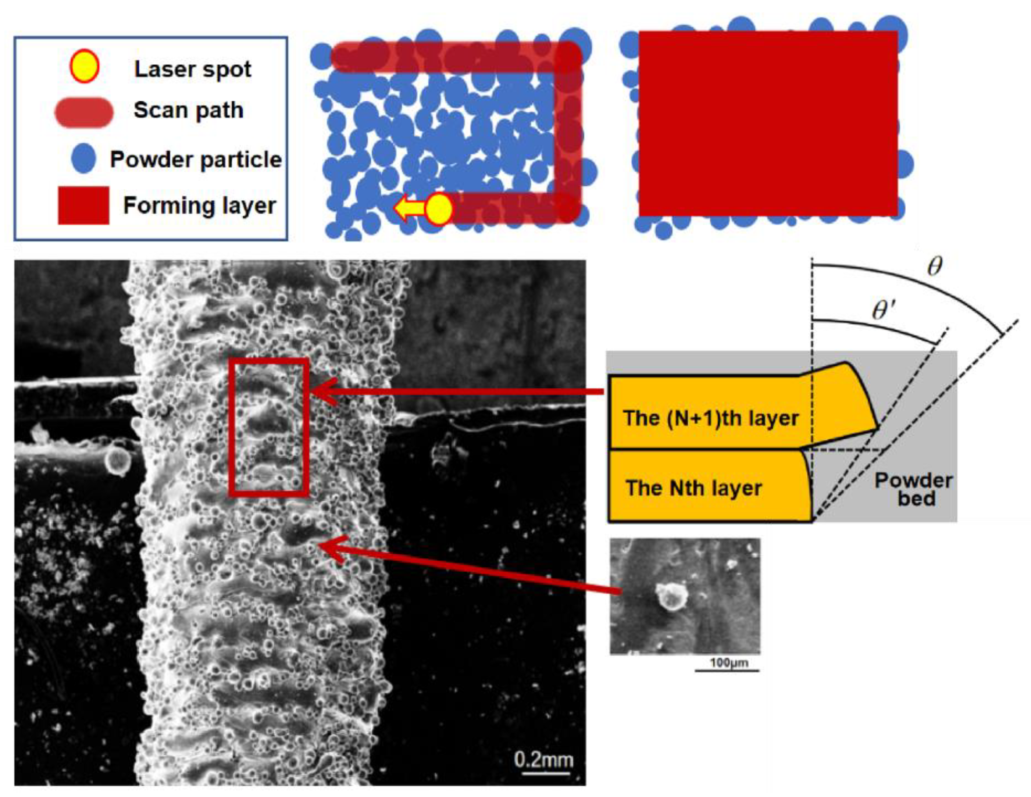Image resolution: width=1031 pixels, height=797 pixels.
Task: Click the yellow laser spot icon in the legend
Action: click(x=84, y=67)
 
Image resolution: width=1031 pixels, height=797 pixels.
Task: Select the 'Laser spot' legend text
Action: click(x=193, y=69)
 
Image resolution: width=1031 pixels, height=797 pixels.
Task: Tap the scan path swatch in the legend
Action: click(x=84, y=112)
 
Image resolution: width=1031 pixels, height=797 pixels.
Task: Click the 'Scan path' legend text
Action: click(x=189, y=110)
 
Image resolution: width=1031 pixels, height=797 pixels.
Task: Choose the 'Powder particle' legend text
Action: click(x=196, y=160)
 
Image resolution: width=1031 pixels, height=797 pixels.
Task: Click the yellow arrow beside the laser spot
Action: click(x=409, y=208)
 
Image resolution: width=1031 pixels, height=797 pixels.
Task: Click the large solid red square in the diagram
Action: click(x=768, y=124)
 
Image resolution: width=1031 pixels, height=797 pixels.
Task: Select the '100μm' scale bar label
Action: click(x=729, y=663)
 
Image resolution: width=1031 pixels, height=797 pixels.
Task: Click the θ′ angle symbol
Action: click(x=884, y=311)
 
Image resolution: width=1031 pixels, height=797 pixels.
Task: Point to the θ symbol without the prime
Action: click(x=934, y=267)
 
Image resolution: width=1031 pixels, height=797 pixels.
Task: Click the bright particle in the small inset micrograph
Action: click(x=670, y=596)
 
